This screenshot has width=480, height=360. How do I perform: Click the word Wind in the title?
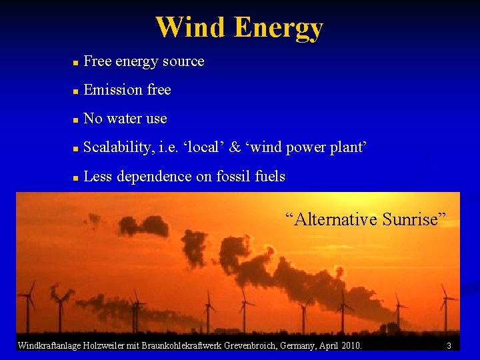pyautogui.click(x=191, y=28)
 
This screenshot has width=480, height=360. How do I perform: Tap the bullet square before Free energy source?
pyautogui.click(x=76, y=63)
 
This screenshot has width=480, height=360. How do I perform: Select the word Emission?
pyautogui.click(x=109, y=89)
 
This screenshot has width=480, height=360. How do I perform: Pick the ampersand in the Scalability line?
pyautogui.click(x=234, y=147)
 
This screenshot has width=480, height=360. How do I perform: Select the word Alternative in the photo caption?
pyautogui.click(x=330, y=219)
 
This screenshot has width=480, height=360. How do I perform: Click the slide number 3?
pyautogui.click(x=449, y=345)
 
